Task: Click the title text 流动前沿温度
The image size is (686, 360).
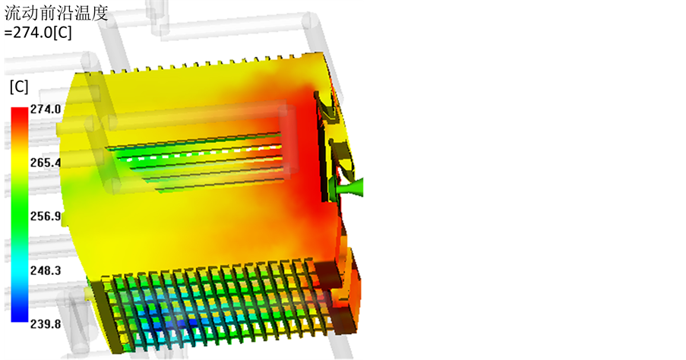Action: pyautogui.click(x=56, y=13)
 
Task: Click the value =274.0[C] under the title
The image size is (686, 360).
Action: pyautogui.click(x=38, y=33)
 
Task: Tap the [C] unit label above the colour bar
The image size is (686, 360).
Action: pyautogui.click(x=19, y=87)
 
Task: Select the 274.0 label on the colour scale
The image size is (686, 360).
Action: pyautogui.click(x=46, y=109)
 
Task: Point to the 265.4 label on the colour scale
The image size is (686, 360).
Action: pyautogui.click(x=46, y=163)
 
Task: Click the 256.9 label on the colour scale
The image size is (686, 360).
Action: pyautogui.click(x=46, y=216)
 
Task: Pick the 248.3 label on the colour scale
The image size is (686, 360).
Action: pyautogui.click(x=46, y=270)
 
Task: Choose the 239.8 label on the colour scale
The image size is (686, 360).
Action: pyautogui.click(x=46, y=324)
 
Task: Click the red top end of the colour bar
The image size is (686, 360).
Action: pyautogui.click(x=19, y=112)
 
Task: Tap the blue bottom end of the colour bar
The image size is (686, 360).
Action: pyautogui.click(x=19, y=316)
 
